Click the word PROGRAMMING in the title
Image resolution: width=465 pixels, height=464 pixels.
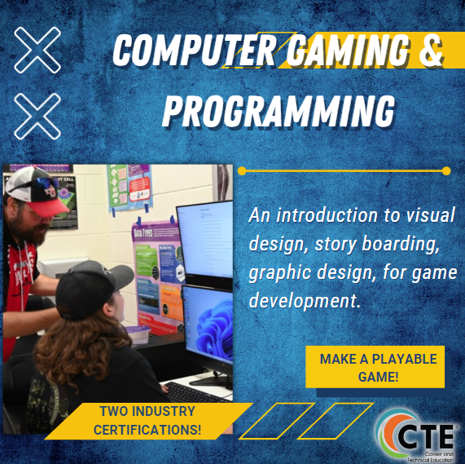point(278,109)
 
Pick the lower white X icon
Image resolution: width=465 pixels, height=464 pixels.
point(37,114)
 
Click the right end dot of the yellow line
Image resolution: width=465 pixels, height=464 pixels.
point(445,171)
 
